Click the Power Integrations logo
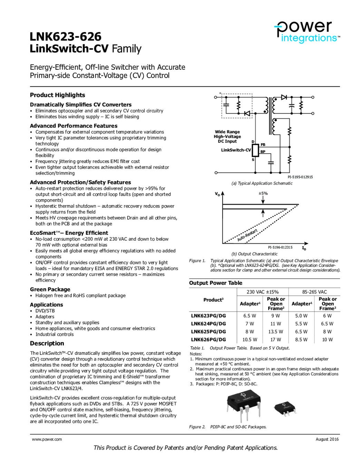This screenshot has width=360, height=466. (x=307, y=32)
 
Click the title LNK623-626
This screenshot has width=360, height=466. (x=66, y=37)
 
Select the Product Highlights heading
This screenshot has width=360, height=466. (x=57, y=95)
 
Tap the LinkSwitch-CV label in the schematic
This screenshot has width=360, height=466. (x=236, y=150)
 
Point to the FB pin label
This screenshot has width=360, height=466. (x=263, y=145)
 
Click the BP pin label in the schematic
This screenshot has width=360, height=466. (x=263, y=152)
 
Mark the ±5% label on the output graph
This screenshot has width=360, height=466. (x=263, y=193)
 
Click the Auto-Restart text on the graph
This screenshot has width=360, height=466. (x=247, y=235)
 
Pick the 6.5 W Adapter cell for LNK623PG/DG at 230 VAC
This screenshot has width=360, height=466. (x=250, y=316)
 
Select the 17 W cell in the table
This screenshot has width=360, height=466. (x=275, y=340)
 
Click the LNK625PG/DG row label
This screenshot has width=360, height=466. (x=208, y=332)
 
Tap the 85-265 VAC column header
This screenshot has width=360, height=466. (x=314, y=292)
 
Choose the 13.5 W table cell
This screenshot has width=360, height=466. (x=275, y=332)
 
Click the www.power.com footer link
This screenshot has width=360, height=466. (x=47, y=439)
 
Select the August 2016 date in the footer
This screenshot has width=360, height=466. (x=327, y=439)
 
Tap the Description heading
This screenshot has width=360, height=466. (x=47, y=343)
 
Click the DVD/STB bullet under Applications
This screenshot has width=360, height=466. (x=45, y=311)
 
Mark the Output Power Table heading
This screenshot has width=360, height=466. (x=216, y=283)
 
